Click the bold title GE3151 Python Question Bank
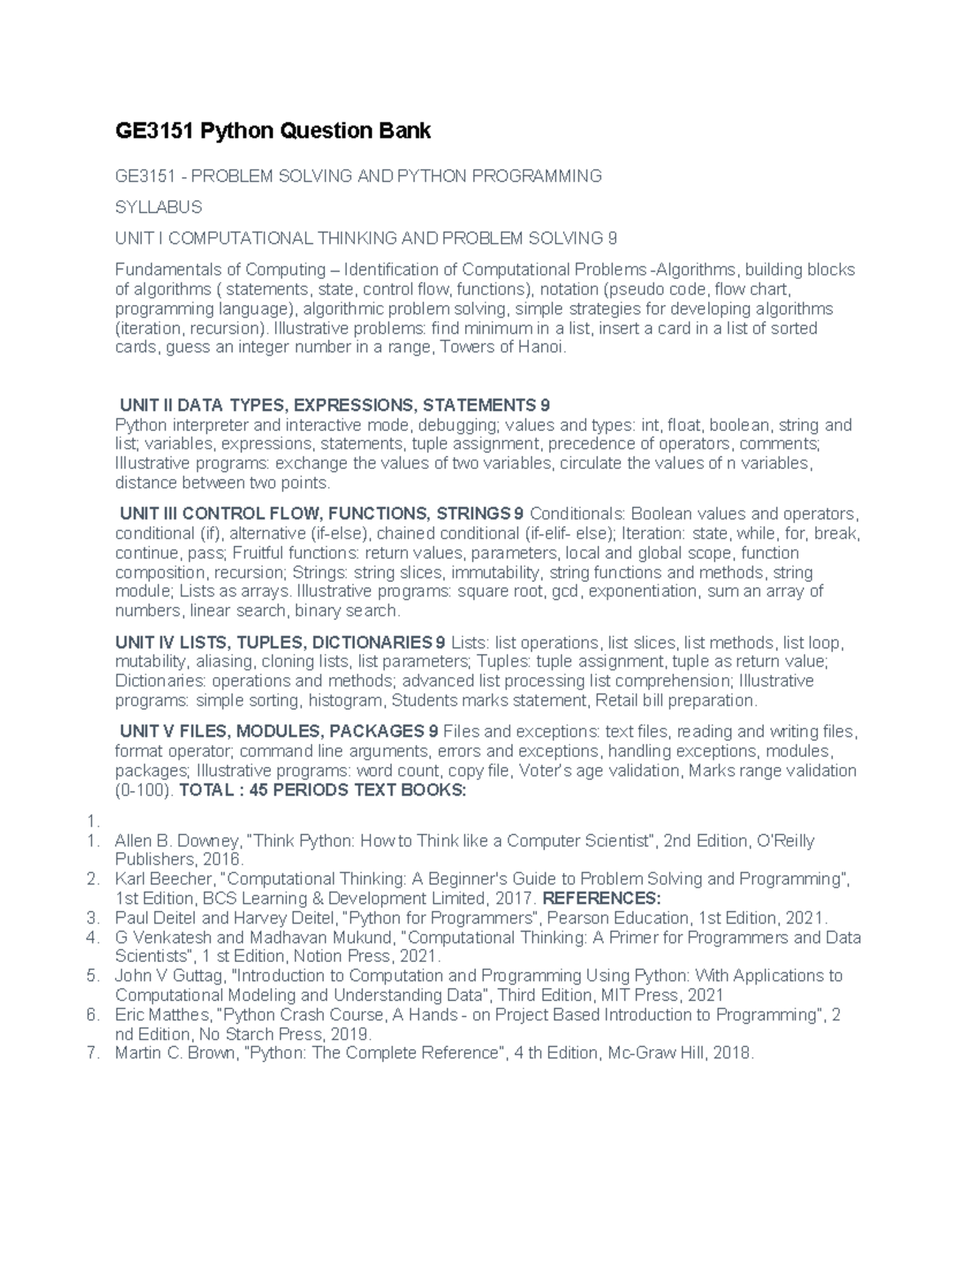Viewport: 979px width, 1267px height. click(272, 131)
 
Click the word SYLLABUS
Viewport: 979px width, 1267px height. click(158, 207)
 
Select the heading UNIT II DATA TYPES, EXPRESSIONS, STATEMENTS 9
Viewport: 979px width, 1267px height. click(334, 405)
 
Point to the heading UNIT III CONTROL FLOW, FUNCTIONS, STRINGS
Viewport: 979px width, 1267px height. click(321, 514)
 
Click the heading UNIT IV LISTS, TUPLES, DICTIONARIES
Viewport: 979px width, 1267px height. click(281, 642)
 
